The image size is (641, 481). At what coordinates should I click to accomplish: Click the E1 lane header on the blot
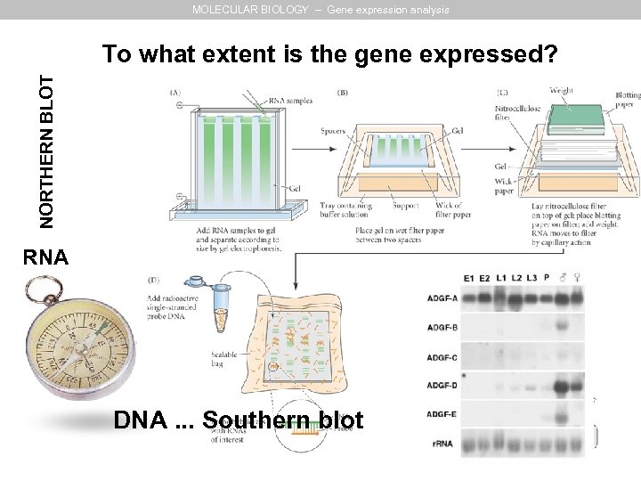(470, 277)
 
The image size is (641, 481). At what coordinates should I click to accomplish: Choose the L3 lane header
(531, 277)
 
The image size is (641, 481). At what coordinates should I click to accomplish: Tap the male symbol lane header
(563, 277)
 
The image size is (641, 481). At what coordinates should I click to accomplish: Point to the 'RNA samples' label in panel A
(293, 102)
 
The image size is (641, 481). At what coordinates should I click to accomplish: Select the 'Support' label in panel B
(406, 207)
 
